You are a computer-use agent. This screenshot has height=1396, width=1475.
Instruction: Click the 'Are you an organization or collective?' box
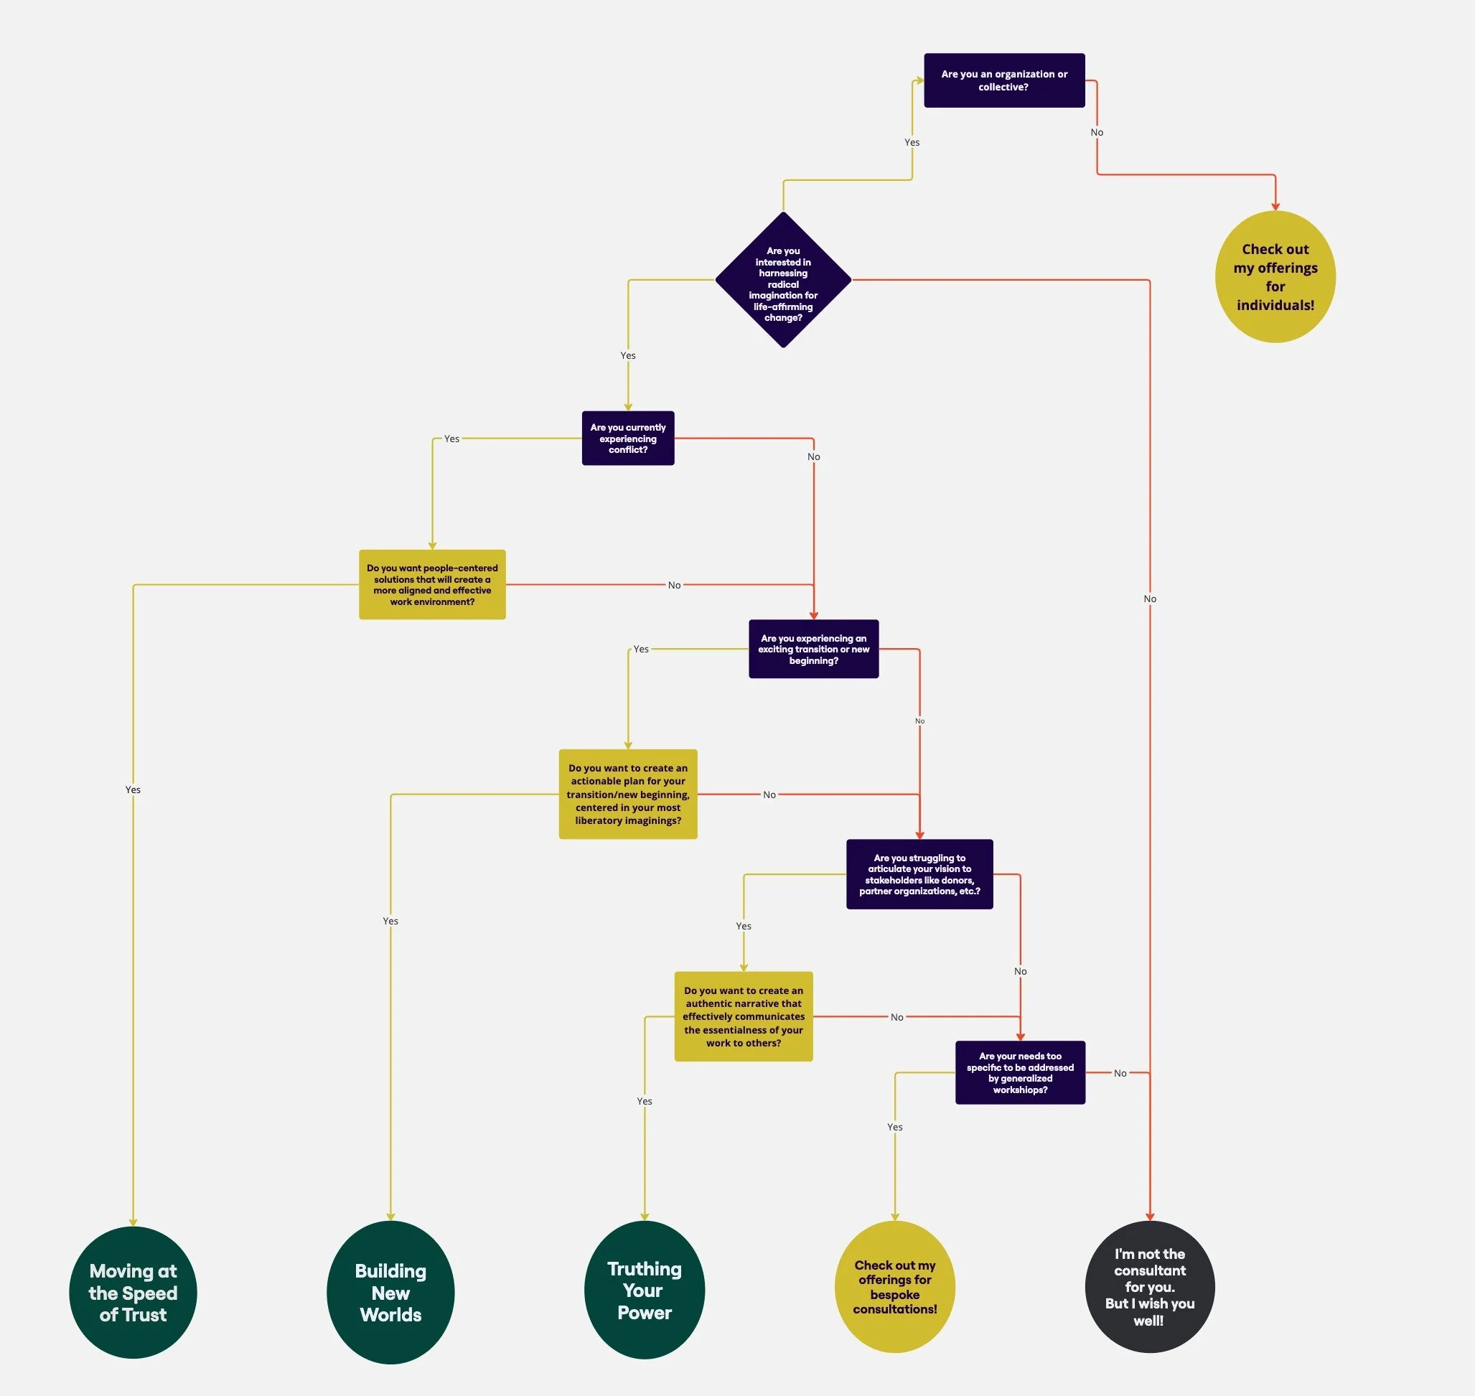(x=1004, y=80)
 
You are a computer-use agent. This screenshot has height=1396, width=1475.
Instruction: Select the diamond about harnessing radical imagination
(x=783, y=280)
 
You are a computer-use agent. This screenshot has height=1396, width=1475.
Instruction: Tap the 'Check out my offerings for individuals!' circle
(x=1275, y=277)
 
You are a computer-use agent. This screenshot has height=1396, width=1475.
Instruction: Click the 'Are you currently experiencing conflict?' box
(x=627, y=439)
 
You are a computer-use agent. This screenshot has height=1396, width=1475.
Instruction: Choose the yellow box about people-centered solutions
(x=431, y=584)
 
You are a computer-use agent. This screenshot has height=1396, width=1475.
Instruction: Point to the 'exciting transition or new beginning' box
(x=813, y=649)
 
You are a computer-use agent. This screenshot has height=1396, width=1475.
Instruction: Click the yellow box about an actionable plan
(x=627, y=794)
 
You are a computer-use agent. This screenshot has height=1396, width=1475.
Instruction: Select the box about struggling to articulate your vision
(x=919, y=874)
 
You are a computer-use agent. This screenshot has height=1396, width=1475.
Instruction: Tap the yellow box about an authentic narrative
(x=744, y=1016)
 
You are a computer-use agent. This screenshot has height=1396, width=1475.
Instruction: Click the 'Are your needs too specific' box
(x=1019, y=1072)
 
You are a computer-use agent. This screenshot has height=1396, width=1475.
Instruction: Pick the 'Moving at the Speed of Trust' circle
(x=134, y=1293)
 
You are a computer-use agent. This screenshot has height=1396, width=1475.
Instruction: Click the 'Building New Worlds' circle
(x=390, y=1293)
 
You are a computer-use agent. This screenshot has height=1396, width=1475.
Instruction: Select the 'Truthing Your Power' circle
(x=645, y=1290)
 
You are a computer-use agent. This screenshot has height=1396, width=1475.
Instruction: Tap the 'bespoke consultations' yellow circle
(x=894, y=1288)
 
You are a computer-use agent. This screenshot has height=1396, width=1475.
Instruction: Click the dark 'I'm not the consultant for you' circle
(x=1150, y=1288)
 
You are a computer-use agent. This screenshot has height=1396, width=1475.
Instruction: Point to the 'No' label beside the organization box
(x=1097, y=133)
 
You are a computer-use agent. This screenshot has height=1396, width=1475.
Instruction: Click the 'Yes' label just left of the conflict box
(x=451, y=439)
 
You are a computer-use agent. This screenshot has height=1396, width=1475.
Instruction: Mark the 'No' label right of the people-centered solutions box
(x=674, y=585)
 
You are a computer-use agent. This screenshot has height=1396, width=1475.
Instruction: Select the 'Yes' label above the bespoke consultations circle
(x=894, y=1127)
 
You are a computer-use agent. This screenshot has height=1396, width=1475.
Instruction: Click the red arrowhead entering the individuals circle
(x=1275, y=205)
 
